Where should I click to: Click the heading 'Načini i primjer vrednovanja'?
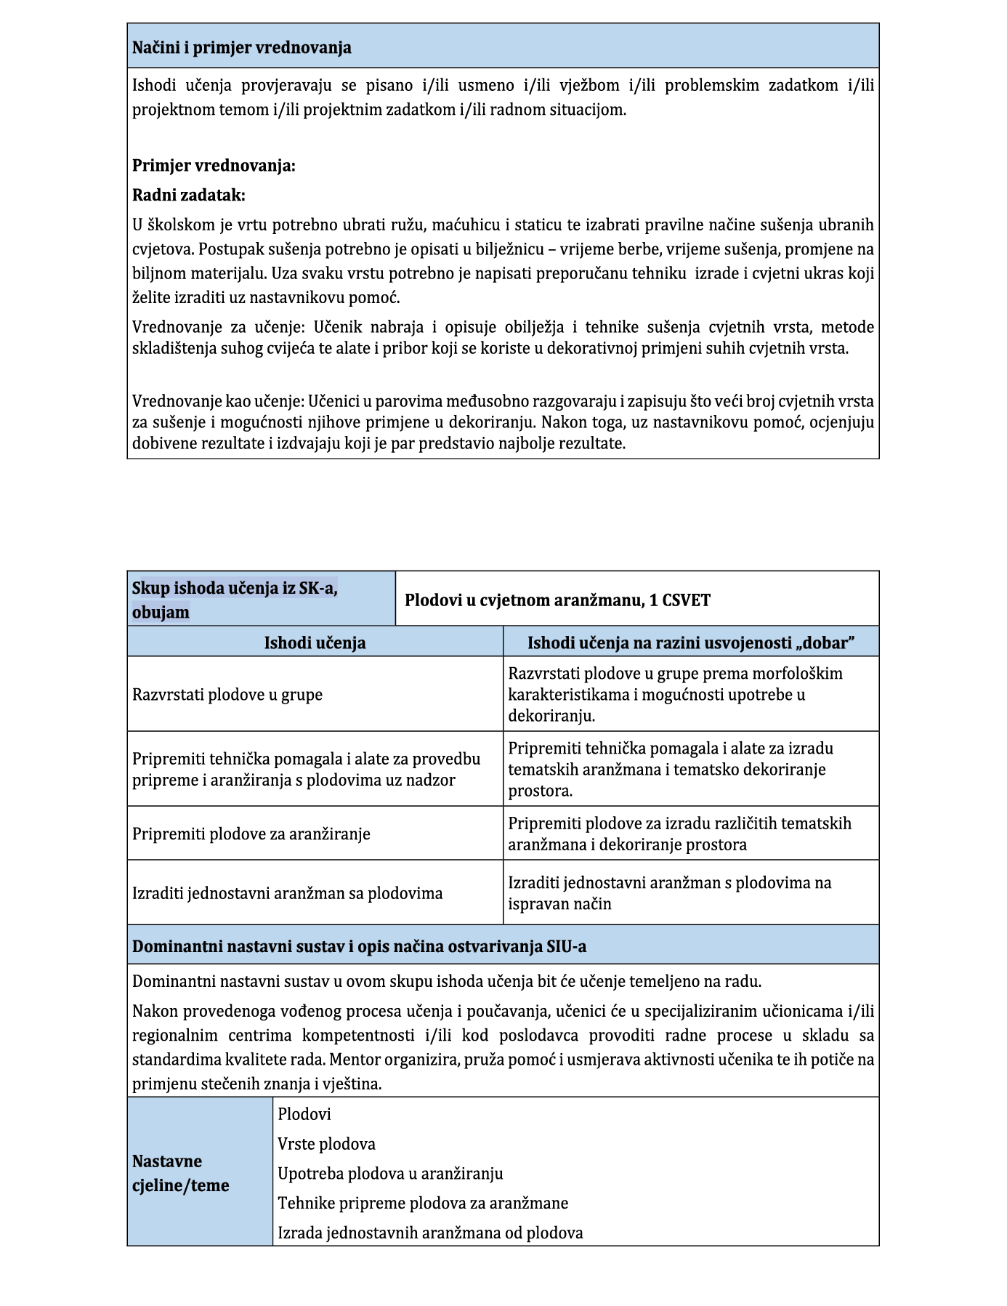[x=241, y=48]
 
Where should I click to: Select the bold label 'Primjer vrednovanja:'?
[x=214, y=166]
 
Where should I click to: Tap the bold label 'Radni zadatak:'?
[x=188, y=196]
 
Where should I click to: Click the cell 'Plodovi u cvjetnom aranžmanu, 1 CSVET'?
[x=557, y=600]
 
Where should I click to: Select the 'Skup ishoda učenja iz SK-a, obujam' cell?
[x=234, y=600]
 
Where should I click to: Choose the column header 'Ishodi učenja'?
[x=315, y=642]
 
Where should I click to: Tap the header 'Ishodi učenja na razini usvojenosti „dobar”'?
[x=690, y=642]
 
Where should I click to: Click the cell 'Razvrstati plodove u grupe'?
[x=227, y=695]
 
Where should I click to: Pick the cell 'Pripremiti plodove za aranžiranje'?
[x=251, y=834]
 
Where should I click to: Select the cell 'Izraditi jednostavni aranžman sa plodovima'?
[x=287, y=893]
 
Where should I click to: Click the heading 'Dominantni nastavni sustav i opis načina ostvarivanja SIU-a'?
[x=359, y=947]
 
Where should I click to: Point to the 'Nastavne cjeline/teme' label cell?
[x=180, y=1173]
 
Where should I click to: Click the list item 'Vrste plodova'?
[x=326, y=1144]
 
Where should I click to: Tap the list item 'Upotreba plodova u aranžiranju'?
[x=390, y=1174]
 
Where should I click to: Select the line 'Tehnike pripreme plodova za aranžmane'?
[x=423, y=1204]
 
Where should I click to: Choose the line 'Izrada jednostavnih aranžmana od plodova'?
[x=430, y=1233]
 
